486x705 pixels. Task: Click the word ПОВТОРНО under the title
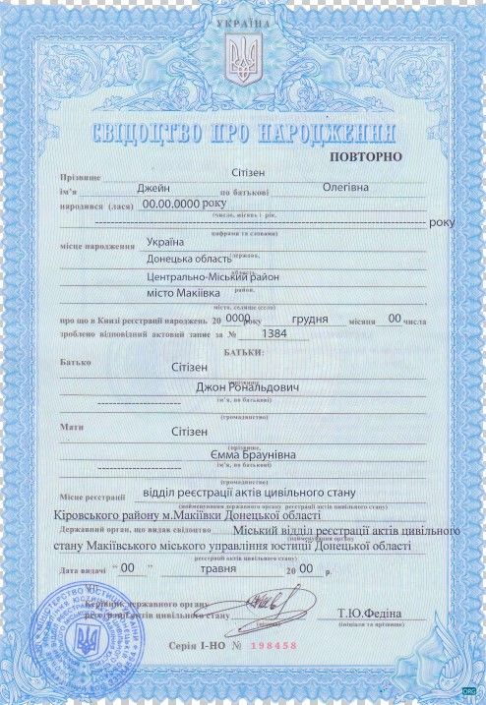point(366,156)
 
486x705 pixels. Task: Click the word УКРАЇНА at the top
point(241,21)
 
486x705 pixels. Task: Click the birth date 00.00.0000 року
point(185,204)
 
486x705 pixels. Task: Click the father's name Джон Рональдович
point(248,386)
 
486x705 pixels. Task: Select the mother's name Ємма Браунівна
point(249,454)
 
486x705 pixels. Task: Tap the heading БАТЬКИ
point(241,351)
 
